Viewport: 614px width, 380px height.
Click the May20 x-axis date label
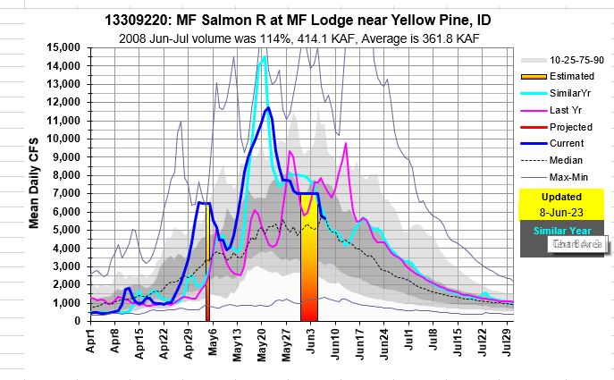262,341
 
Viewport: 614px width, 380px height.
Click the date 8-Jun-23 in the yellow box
560,211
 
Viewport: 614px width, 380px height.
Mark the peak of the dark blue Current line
267,108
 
